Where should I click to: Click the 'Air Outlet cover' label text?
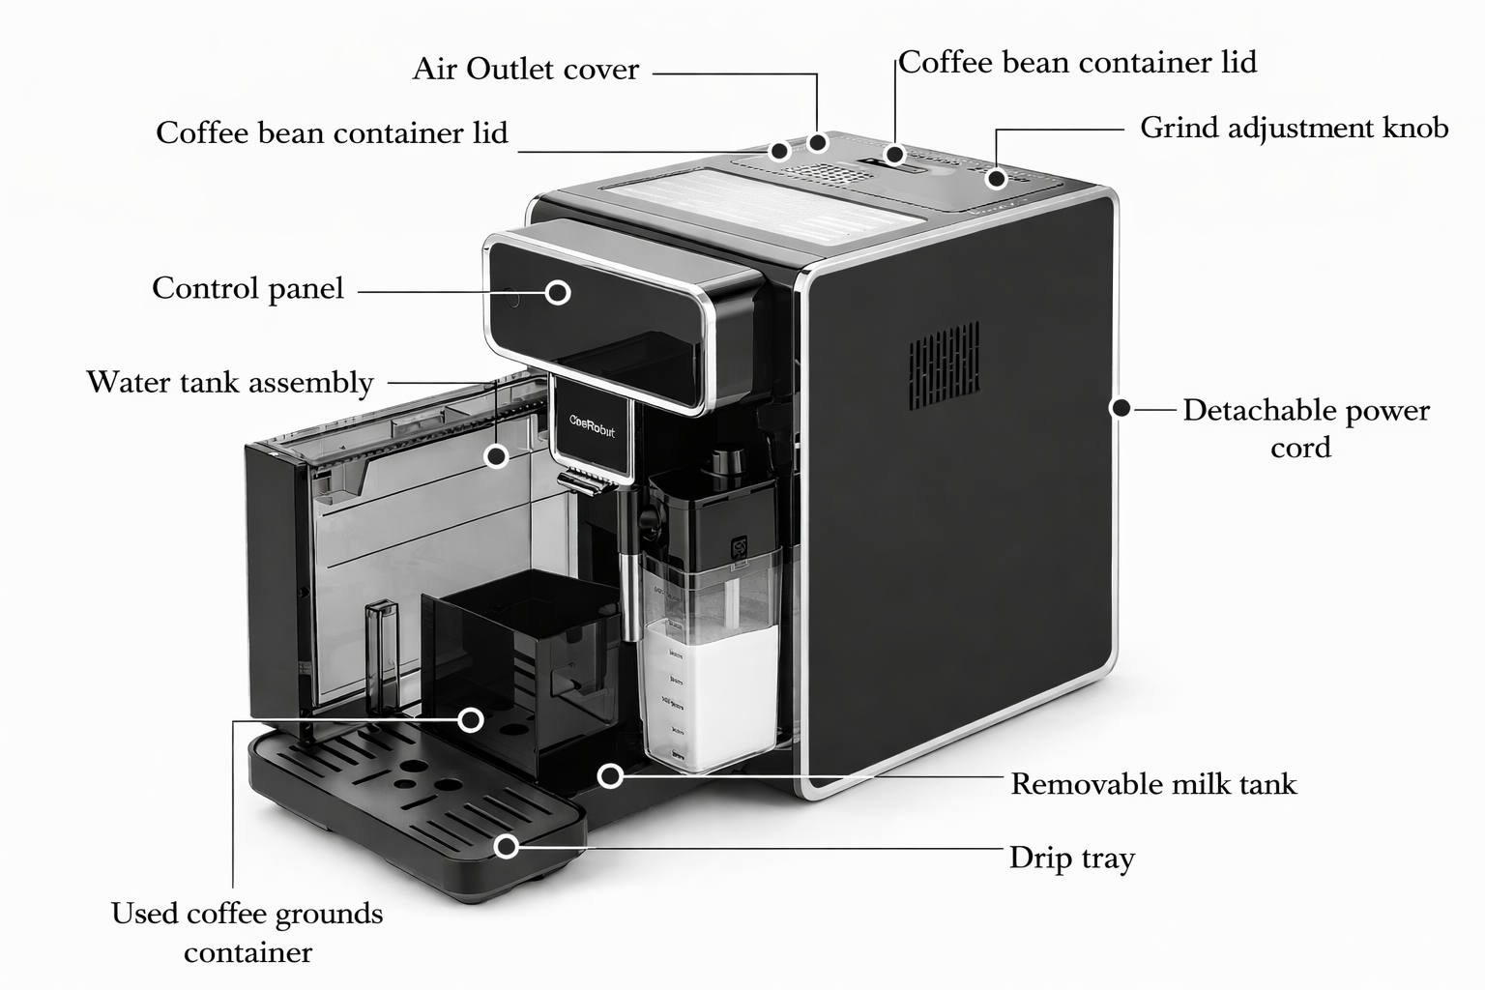click(x=525, y=70)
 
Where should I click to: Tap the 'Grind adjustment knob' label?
click(x=1294, y=128)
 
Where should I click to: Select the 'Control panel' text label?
click(x=247, y=288)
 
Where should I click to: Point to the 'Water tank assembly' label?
click(x=230, y=382)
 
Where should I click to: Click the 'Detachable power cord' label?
click(x=1305, y=428)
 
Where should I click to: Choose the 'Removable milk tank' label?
click(x=1152, y=783)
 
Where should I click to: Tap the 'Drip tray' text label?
click(x=1071, y=858)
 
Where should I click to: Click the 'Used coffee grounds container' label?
click(x=247, y=932)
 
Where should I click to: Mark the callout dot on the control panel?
click(x=558, y=292)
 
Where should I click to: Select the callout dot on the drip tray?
click(x=506, y=847)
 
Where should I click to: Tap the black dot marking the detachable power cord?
click(x=1121, y=408)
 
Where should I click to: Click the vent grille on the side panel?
click(x=944, y=364)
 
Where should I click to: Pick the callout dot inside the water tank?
click(x=496, y=456)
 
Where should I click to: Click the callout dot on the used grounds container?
click(x=471, y=719)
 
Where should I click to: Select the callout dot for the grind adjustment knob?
click(x=996, y=178)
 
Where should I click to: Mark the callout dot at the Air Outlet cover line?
click(x=818, y=143)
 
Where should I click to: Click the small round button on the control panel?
click(x=511, y=299)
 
